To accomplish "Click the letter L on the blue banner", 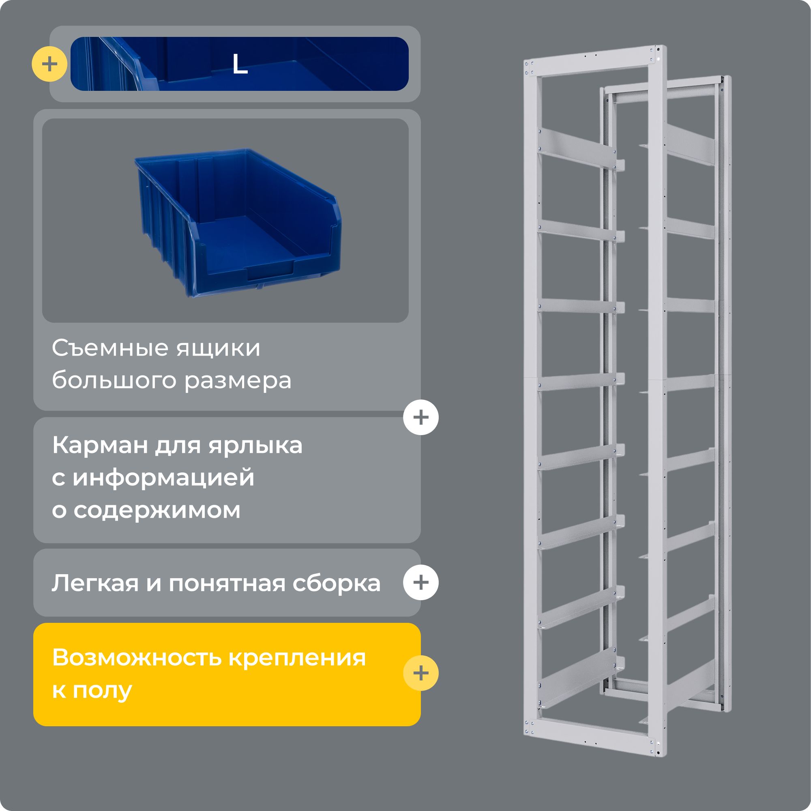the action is pyautogui.click(x=240, y=64).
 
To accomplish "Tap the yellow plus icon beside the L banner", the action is pyautogui.click(x=49, y=64).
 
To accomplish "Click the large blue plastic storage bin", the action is pyautogui.click(x=238, y=222).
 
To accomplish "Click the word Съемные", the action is pyautogui.click(x=110, y=348).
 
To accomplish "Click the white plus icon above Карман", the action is pyautogui.click(x=421, y=417).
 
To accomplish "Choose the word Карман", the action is pyautogui.click(x=100, y=445).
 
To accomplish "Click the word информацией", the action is pyautogui.click(x=163, y=478).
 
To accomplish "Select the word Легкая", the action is pyautogui.click(x=95, y=583).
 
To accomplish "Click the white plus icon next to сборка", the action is pyautogui.click(x=421, y=582).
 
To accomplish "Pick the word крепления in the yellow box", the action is pyautogui.click(x=297, y=658).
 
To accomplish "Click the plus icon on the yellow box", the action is pyautogui.click(x=421, y=673).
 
